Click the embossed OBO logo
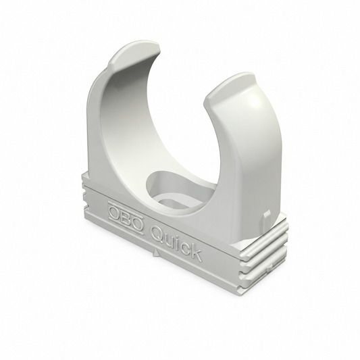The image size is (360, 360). pos(126,218)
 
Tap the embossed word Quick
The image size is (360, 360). pos(176,242)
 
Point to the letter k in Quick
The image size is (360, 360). pos(196,252)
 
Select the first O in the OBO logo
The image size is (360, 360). pos(115,213)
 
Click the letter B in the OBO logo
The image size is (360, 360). pos(126,218)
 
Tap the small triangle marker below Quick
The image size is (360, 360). pos(156,252)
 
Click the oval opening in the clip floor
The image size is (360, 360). pos(178,188)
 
